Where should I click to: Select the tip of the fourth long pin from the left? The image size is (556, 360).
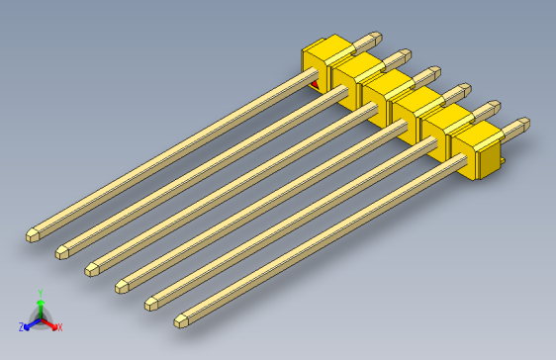[x=122, y=286]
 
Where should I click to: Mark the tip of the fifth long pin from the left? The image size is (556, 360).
[x=151, y=302]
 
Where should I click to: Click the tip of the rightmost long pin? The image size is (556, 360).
[x=182, y=320]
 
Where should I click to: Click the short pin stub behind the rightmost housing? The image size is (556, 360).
[x=519, y=125]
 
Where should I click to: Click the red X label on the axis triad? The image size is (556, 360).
[x=58, y=327]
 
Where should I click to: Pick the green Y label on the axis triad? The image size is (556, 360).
[x=40, y=293]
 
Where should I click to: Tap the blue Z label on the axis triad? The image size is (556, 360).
[x=21, y=326]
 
